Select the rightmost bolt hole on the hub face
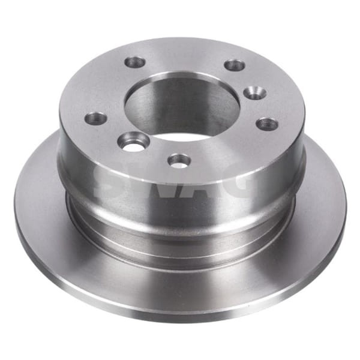tap(267, 124)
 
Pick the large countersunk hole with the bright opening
tap(134, 141)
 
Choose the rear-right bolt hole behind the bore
tap(235, 65)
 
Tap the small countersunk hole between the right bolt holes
tap(256, 92)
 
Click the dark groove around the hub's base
tap(180, 240)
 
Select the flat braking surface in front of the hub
tap(180, 282)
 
